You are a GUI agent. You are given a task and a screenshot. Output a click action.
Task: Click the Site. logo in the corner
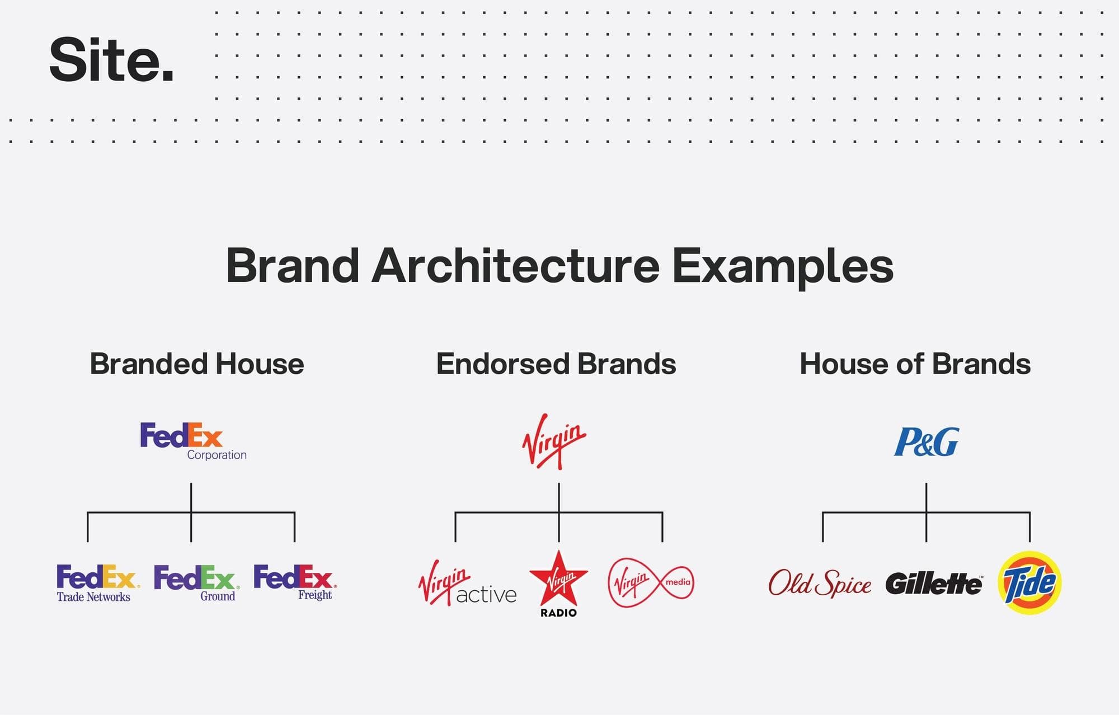point(112,60)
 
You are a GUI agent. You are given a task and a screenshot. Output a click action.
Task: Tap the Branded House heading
point(197,364)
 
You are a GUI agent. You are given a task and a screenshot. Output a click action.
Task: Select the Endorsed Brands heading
point(556,364)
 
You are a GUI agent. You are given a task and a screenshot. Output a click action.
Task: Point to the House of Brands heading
point(915,364)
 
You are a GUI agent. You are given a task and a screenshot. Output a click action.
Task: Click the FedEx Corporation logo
point(193,441)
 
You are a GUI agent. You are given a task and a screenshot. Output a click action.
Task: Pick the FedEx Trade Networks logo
point(98,583)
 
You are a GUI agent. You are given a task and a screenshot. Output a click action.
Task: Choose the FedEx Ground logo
point(197,583)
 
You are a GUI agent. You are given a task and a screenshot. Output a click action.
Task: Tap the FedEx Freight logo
point(295,582)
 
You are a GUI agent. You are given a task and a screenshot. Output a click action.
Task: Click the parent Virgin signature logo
point(554,441)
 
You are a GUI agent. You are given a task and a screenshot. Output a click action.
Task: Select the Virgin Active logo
point(467,583)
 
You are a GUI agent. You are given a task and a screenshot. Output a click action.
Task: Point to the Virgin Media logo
point(651,582)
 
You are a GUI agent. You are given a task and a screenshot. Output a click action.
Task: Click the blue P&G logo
point(926,442)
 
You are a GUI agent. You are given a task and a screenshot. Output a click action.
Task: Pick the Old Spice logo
point(820,583)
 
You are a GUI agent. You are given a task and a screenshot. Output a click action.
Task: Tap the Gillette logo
point(934,584)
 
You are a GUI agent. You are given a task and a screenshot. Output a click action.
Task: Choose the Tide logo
point(1029,583)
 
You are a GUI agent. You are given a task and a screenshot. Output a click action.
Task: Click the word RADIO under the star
point(558,613)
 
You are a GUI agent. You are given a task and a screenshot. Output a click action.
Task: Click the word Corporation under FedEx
point(217,455)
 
